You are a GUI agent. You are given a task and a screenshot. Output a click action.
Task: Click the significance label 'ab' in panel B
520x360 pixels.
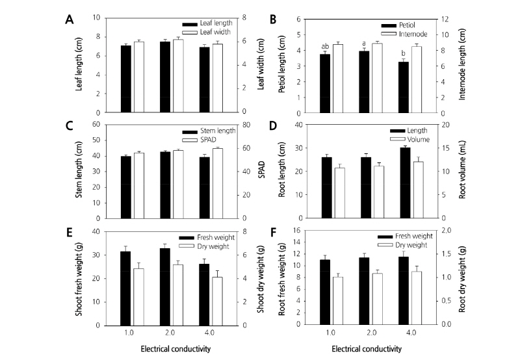coord(325,46)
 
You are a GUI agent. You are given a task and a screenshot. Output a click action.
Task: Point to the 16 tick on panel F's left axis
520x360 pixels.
coord(303,231)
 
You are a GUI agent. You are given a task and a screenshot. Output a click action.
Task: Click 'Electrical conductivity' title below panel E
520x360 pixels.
coord(175,348)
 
